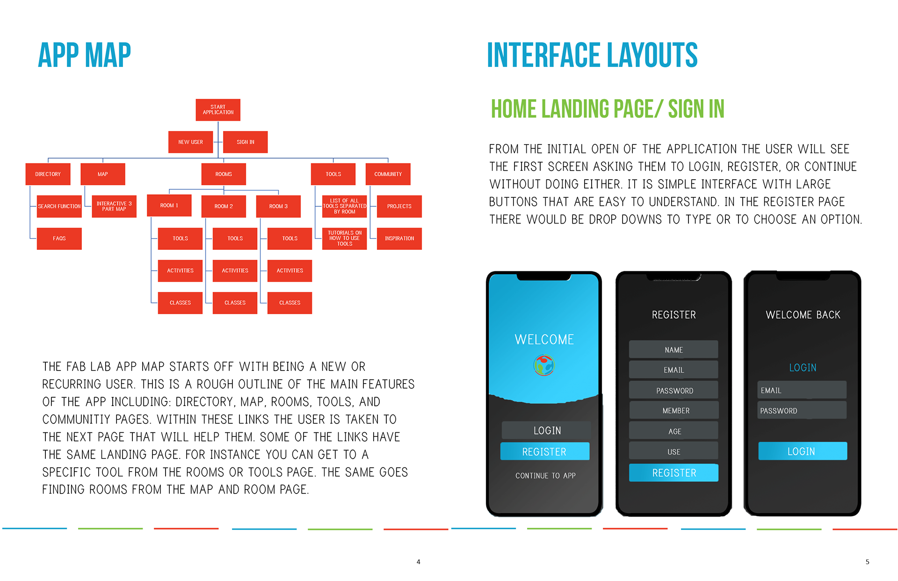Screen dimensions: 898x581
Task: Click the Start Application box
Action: point(218,110)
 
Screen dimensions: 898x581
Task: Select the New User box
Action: point(190,142)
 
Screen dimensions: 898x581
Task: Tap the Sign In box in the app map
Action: point(246,142)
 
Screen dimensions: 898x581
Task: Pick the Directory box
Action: point(48,174)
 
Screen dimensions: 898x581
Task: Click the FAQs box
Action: point(59,239)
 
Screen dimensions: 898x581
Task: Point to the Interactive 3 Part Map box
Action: point(114,206)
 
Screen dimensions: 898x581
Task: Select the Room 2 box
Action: point(224,206)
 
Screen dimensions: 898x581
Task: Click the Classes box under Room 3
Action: point(290,303)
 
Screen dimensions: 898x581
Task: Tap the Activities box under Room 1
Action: point(180,271)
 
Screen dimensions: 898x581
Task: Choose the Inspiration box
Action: point(399,239)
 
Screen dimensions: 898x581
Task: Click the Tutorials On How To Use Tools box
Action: point(345,239)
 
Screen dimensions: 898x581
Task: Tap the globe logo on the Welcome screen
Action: point(544,365)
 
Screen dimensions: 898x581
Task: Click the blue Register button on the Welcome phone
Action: point(545,451)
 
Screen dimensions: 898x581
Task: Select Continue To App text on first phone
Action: point(545,476)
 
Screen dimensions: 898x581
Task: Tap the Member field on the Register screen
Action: point(674,410)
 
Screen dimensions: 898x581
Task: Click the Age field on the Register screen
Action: point(674,431)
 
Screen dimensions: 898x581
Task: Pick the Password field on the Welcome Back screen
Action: point(802,410)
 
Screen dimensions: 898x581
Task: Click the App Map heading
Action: point(85,55)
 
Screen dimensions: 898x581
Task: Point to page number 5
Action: point(868,562)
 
